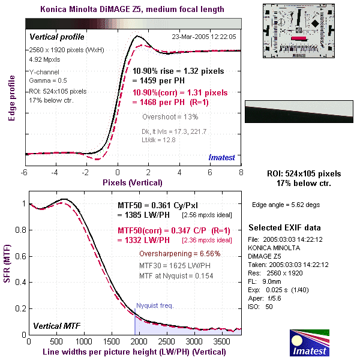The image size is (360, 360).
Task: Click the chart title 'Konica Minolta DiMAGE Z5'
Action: (x=132, y=9)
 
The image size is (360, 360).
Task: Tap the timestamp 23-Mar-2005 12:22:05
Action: (x=203, y=37)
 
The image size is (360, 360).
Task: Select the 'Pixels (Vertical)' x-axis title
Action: (x=132, y=182)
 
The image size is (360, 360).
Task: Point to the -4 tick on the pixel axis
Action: (x=55, y=173)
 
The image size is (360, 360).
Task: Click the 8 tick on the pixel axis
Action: (x=241, y=173)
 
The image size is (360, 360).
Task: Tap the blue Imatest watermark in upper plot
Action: (x=224, y=157)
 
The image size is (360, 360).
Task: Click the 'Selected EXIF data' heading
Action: (x=285, y=228)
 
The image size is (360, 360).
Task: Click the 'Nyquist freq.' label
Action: (x=154, y=305)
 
